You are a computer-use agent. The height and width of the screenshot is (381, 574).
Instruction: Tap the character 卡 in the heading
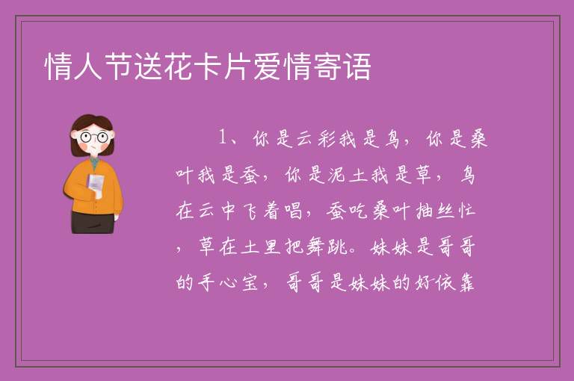click(209, 66)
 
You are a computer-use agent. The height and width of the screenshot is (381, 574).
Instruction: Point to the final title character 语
click(357, 66)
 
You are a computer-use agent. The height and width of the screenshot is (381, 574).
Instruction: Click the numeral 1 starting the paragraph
click(222, 137)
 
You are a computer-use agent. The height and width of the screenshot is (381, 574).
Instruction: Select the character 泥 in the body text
click(336, 175)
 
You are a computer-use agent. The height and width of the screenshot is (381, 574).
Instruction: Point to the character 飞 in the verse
click(251, 211)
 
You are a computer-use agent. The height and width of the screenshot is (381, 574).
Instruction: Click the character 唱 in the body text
click(292, 211)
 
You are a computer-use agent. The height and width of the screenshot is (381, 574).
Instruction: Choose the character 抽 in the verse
click(425, 211)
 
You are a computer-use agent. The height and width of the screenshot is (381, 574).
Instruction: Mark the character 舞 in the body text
click(315, 247)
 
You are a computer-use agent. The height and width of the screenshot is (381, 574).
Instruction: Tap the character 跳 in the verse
click(337, 247)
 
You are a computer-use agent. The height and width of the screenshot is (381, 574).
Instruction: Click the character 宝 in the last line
click(250, 282)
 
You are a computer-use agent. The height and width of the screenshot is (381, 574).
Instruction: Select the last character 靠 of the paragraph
click(466, 282)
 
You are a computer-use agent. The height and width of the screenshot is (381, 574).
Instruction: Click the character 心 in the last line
click(228, 282)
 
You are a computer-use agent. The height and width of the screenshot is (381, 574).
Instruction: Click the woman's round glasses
click(94, 137)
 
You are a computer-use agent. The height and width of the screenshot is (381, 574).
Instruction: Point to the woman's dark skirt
click(92, 222)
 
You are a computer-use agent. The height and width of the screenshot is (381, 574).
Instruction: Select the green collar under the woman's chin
click(94, 163)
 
